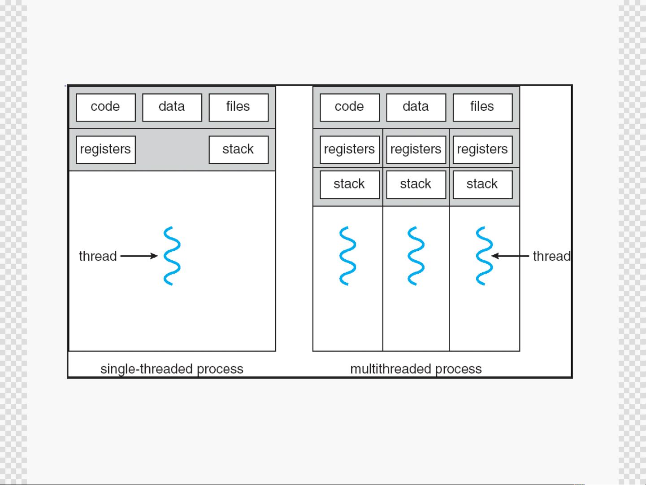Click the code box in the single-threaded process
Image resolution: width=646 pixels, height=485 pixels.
click(x=106, y=108)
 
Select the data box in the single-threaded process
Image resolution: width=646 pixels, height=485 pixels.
click(x=172, y=108)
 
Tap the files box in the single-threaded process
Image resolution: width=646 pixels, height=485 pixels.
click(x=238, y=108)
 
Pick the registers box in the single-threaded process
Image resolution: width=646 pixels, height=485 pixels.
click(x=106, y=149)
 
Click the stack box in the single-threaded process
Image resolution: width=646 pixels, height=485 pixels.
click(x=238, y=149)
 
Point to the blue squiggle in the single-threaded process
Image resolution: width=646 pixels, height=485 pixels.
click(x=172, y=256)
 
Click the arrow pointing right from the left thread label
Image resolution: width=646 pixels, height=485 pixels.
click(x=139, y=256)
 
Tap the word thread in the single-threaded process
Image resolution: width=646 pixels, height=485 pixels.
click(x=98, y=256)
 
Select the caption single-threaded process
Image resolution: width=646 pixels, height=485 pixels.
click(x=172, y=369)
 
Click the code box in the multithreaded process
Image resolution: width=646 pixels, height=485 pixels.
click(x=350, y=108)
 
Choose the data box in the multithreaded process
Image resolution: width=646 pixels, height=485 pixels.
click(x=416, y=108)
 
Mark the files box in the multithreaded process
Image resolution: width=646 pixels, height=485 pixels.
click(x=483, y=108)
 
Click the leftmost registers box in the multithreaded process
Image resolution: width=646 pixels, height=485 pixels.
click(x=350, y=149)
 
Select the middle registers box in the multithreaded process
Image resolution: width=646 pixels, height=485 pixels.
click(x=416, y=149)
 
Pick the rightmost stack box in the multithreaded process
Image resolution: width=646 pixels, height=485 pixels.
click(x=483, y=185)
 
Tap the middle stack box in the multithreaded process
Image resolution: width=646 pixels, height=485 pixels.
click(x=416, y=185)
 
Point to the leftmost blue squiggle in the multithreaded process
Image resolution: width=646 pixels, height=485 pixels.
click(x=347, y=256)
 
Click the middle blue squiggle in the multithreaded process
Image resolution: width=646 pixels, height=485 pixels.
click(x=416, y=256)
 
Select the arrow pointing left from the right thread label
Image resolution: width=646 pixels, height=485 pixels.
click(x=510, y=256)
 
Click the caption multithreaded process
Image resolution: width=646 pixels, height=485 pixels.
click(x=416, y=369)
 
